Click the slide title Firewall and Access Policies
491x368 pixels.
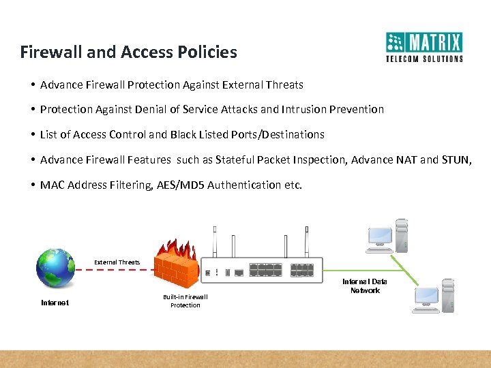[128, 52]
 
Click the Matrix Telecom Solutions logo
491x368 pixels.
[424, 47]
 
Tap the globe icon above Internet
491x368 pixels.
[56, 268]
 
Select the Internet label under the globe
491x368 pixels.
[55, 303]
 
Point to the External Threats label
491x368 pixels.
[117, 262]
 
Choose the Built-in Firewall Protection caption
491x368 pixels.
[185, 301]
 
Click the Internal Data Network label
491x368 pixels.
[365, 286]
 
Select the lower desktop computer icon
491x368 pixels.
[434, 295]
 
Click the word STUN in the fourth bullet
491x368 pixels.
[456, 159]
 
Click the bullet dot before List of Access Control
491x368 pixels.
[33, 134]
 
